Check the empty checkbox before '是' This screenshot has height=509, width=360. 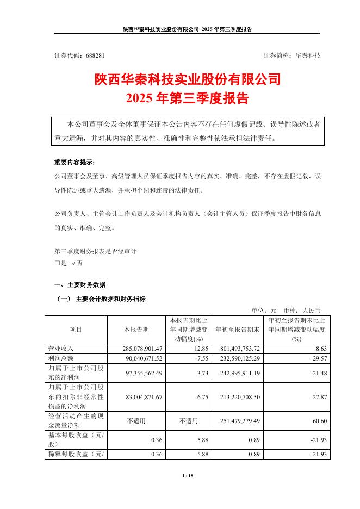[57, 263]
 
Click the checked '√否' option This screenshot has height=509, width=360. [77, 263]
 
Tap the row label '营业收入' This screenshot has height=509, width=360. [60, 349]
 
